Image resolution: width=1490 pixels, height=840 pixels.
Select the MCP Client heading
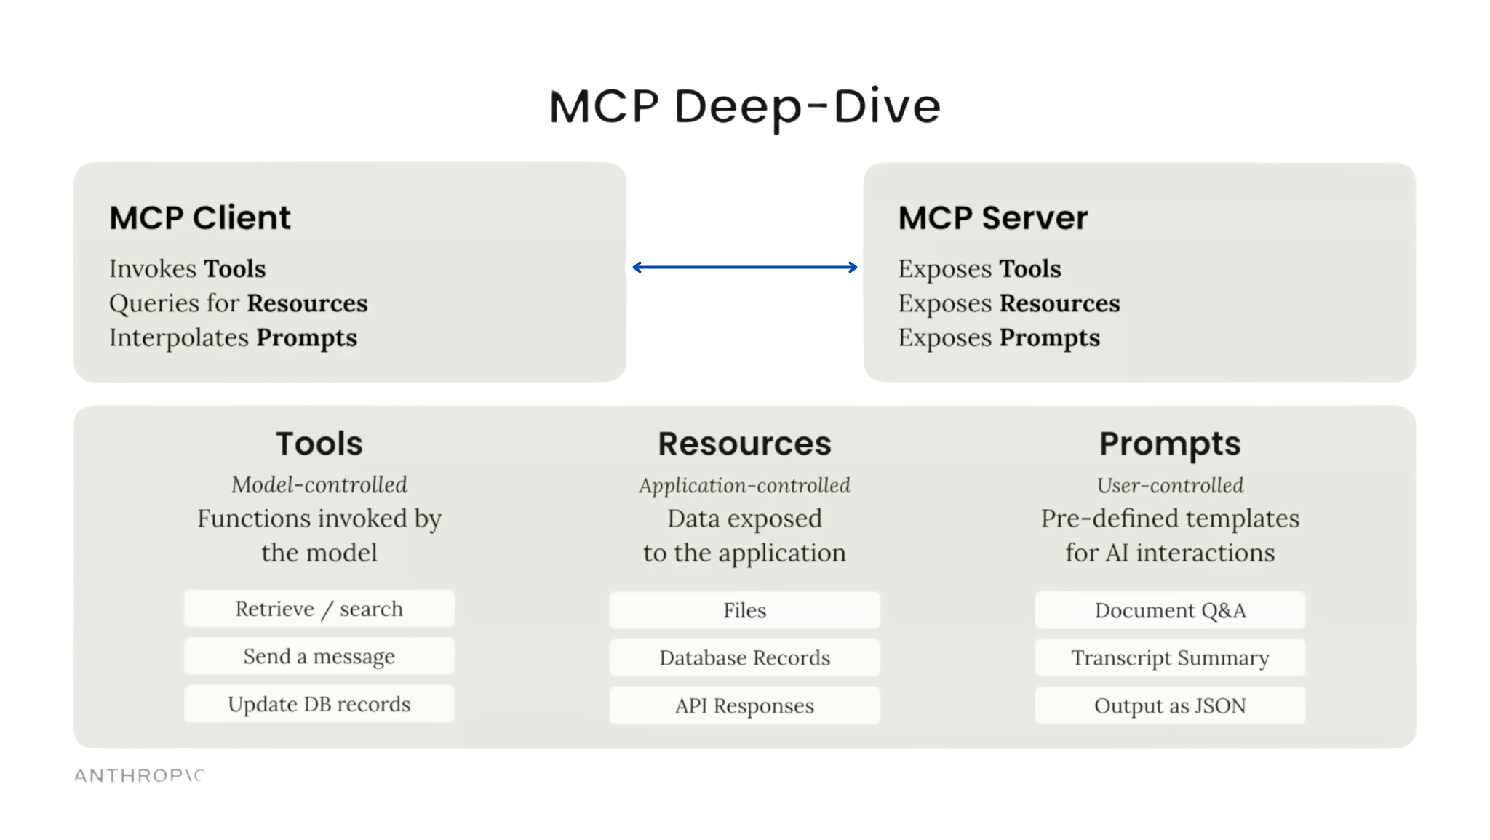point(200,217)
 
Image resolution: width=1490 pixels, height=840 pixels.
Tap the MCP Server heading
point(992,217)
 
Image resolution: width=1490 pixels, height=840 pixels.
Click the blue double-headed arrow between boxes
point(744,268)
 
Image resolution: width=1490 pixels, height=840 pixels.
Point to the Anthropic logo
point(139,776)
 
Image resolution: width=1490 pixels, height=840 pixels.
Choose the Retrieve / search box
point(319,609)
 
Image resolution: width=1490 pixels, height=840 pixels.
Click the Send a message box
point(319,656)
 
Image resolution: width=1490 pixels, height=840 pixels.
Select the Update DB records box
point(319,704)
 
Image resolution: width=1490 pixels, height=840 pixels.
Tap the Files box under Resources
point(744,610)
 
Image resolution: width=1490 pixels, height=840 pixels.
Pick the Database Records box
point(744,657)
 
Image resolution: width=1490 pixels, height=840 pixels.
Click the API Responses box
point(744,705)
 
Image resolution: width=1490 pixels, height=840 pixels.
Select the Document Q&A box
point(1170,610)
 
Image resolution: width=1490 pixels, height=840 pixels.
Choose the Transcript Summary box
point(1170,657)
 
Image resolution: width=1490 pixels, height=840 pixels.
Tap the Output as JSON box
point(1170,705)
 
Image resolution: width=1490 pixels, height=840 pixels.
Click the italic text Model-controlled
point(319,484)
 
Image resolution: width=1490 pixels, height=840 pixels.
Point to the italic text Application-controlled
point(744,485)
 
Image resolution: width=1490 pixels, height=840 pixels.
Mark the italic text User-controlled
point(1170,485)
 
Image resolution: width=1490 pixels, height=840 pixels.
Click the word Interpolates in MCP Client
point(179,337)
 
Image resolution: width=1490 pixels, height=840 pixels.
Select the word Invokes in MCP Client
point(153,268)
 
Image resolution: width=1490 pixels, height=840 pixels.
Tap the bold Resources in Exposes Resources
point(1059,303)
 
